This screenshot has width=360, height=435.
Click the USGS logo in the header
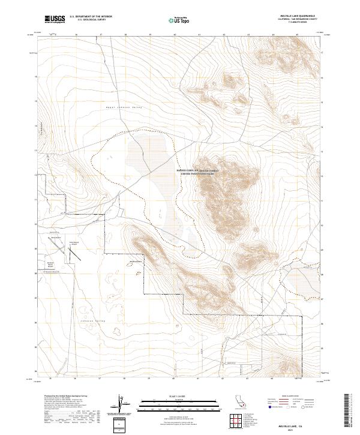55,19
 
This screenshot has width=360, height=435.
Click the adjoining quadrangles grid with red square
238,422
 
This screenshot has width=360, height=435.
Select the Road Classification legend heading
288,397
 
